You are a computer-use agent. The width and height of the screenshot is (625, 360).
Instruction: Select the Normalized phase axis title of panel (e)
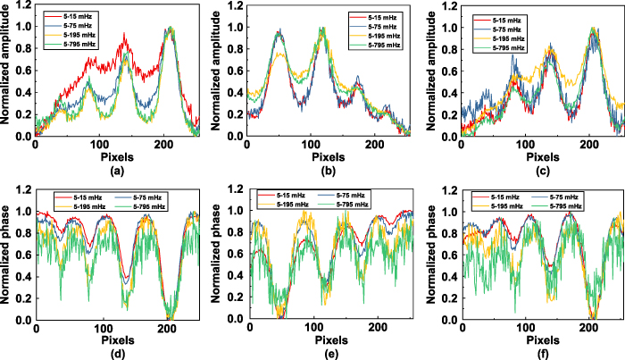pos(215,258)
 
